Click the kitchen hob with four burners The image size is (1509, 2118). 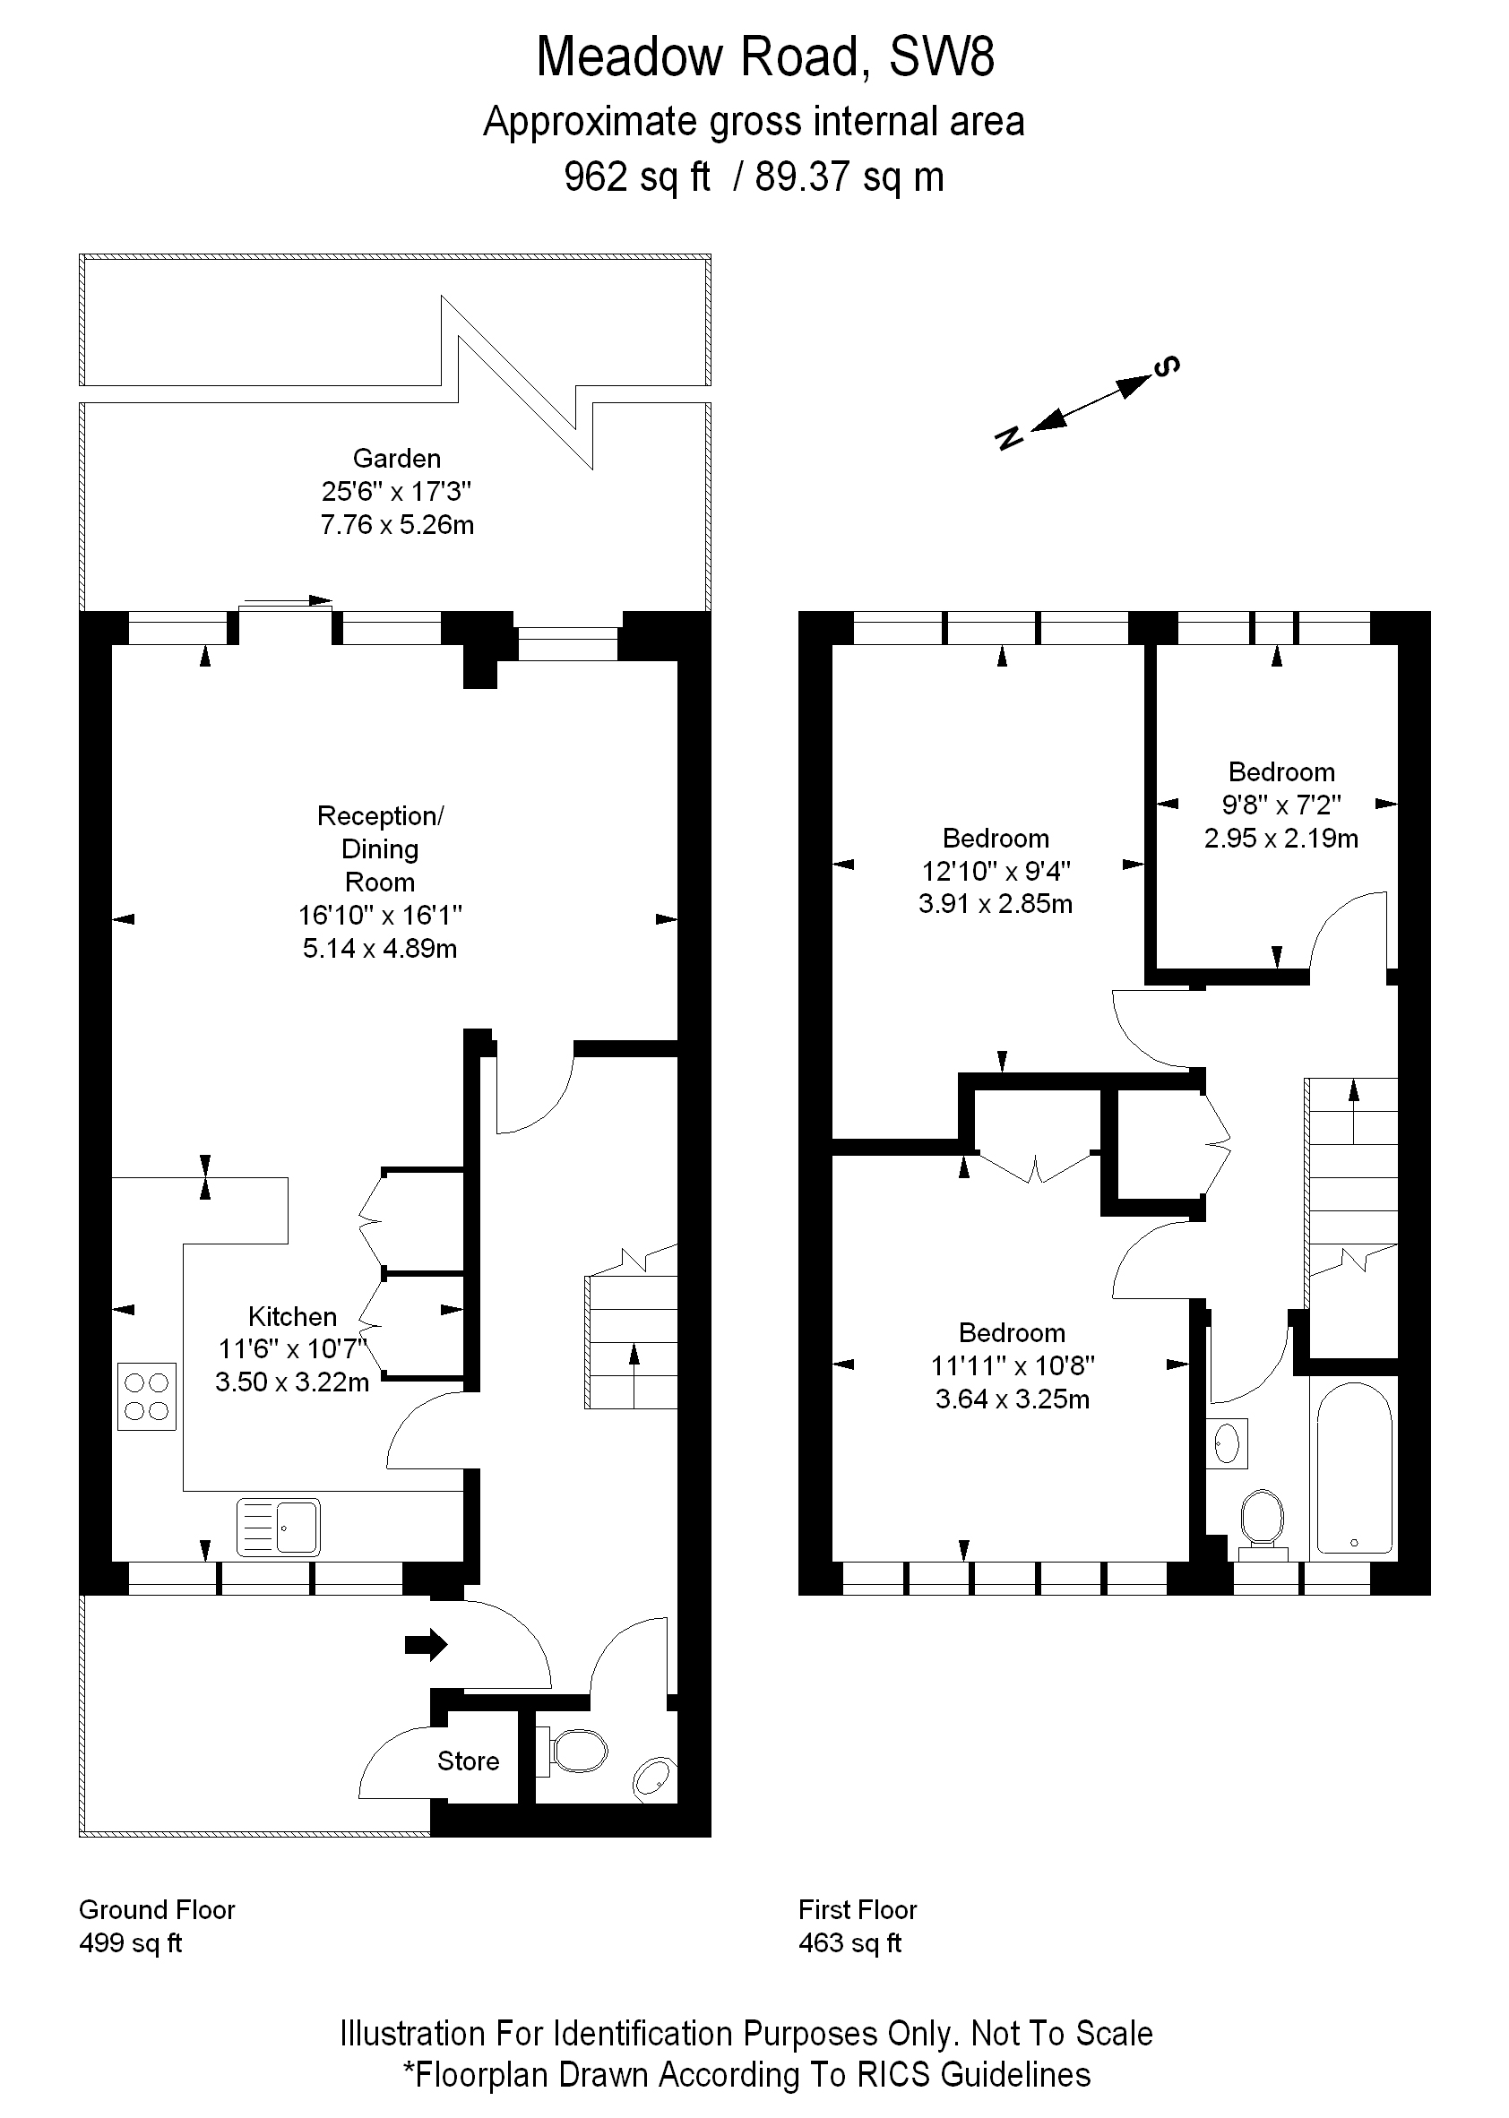tap(147, 1395)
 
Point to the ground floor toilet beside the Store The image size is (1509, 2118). tap(577, 1751)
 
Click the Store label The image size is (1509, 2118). tap(469, 1761)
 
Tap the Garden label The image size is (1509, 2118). tap(397, 458)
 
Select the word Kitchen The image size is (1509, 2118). tap(292, 1316)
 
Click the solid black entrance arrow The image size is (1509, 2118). tap(426, 1645)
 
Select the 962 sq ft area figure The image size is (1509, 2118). tap(636, 176)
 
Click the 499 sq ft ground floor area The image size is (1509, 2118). tap(131, 1943)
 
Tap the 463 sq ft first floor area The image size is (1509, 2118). tap(850, 1943)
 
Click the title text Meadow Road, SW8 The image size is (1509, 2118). tap(764, 57)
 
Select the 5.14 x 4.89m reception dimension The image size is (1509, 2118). tap(380, 949)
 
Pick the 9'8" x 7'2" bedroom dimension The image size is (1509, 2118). tap(1281, 805)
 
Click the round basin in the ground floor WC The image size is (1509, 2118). tap(654, 1779)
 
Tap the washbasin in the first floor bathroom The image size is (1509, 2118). tap(1228, 1442)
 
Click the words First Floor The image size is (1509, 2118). tap(858, 1910)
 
